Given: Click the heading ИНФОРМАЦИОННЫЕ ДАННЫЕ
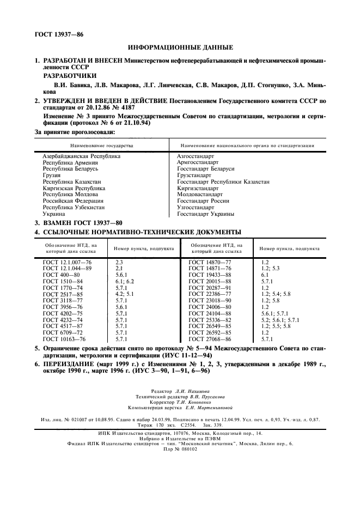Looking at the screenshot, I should (x=180, y=47).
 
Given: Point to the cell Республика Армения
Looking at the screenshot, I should (x=70, y=162).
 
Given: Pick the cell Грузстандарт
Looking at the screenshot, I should (x=194, y=176).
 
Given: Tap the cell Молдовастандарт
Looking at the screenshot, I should (x=200, y=194).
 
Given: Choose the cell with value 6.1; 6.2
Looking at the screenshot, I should (x=125, y=281).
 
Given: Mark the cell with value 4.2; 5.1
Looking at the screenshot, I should (x=125, y=294).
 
